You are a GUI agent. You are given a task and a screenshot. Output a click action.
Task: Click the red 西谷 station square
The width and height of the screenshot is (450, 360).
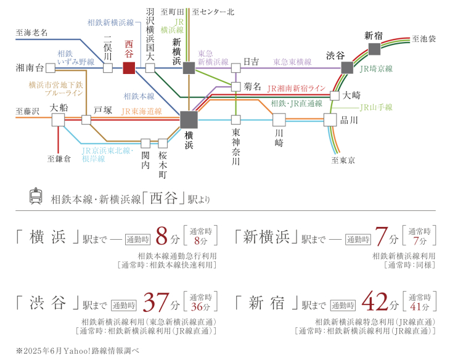(x=129, y=68)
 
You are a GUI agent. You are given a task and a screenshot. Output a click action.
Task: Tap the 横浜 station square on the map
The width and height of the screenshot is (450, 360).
(x=189, y=120)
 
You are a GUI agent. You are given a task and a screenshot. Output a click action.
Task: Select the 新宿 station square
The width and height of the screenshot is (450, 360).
(x=374, y=49)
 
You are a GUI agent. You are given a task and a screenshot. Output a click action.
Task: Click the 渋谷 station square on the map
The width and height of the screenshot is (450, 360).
(x=347, y=68)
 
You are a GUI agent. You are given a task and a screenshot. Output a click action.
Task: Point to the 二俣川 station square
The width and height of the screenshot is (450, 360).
(x=108, y=68)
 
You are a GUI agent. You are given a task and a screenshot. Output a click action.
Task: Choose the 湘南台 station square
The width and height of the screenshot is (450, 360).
(x=51, y=68)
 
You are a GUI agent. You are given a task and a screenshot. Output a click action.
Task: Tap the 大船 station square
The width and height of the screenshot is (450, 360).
(x=59, y=120)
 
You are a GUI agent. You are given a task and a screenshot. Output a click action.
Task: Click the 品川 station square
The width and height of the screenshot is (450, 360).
(x=330, y=120)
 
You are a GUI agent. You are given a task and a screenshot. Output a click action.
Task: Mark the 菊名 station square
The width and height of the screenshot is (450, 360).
(x=236, y=87)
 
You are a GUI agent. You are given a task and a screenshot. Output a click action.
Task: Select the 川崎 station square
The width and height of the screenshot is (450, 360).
(x=279, y=120)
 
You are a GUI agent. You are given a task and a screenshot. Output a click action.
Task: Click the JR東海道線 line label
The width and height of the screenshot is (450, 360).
(x=142, y=112)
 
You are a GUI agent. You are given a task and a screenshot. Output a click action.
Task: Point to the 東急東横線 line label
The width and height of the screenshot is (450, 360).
(x=292, y=62)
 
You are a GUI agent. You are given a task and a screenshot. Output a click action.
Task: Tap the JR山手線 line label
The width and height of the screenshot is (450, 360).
(x=376, y=107)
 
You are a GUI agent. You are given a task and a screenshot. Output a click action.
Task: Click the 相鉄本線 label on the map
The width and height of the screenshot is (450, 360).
(x=139, y=96)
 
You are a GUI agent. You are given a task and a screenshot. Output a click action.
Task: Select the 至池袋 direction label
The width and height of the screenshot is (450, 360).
(x=424, y=39)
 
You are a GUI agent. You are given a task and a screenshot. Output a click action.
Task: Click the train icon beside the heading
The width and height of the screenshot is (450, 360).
(x=36, y=196)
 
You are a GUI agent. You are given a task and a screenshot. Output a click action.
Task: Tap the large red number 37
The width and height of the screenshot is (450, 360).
(x=156, y=302)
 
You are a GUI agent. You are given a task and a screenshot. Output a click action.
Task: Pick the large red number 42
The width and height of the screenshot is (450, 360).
(x=375, y=301)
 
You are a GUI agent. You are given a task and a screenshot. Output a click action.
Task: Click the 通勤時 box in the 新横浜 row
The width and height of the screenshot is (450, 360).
(x=358, y=239)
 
